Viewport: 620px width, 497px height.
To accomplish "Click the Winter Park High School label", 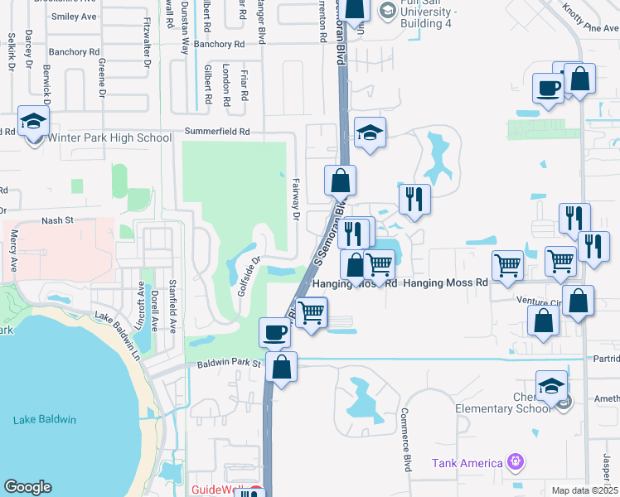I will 110,138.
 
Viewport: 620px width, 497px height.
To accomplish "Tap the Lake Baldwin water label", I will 45,420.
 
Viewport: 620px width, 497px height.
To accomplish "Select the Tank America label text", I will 467,463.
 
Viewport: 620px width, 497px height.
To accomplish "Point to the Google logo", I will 27,487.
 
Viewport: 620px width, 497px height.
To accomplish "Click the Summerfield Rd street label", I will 217,132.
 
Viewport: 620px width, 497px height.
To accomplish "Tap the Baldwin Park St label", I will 229,364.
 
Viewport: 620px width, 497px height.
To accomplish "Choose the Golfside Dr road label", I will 249,276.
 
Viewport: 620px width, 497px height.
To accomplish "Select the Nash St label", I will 58,221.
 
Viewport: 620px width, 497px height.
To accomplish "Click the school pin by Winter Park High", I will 34,123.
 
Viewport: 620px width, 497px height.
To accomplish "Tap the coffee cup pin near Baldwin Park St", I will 275,333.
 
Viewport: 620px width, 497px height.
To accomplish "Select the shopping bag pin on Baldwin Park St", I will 281,366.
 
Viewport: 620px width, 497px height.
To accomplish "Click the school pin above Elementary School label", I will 552,386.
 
